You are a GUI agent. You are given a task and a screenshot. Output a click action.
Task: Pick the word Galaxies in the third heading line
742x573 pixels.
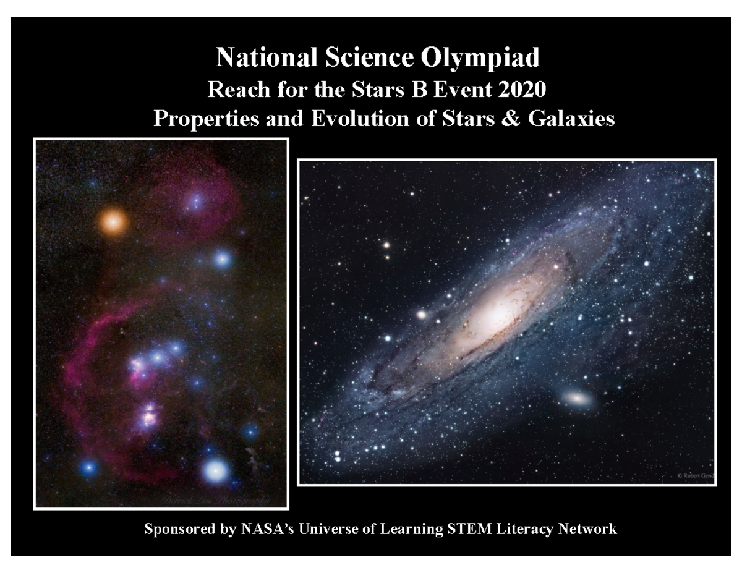pos(574,118)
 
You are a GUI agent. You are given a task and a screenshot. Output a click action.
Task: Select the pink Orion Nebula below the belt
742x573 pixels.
pos(148,415)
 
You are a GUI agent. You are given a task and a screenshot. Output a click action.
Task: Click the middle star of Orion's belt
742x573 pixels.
pos(158,357)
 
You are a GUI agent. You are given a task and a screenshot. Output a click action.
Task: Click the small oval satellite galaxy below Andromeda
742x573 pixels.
pos(578,399)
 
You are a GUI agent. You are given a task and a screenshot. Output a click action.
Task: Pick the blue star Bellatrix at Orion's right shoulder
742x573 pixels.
pos(222,258)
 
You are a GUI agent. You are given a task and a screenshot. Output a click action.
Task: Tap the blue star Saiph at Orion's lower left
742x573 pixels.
pos(89,468)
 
